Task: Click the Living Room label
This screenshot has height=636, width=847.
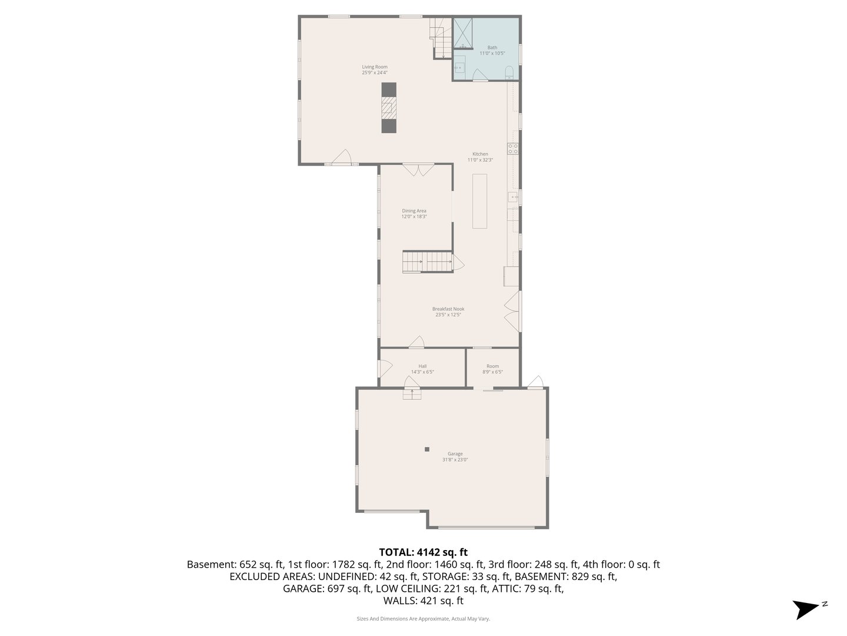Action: (375, 67)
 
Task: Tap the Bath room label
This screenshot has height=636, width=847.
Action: (492, 48)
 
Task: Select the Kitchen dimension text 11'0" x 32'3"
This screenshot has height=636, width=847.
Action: (480, 160)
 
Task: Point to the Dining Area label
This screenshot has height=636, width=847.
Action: (414, 211)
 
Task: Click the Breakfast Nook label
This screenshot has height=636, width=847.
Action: (448, 309)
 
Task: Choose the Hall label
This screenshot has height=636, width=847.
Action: (422, 366)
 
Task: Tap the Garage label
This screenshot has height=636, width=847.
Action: (455, 454)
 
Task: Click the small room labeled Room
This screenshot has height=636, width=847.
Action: (492, 366)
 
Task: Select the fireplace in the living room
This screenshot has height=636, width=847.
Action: (389, 108)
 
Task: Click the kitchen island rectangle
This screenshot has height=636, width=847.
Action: (481, 201)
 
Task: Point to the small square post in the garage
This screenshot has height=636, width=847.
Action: (428, 449)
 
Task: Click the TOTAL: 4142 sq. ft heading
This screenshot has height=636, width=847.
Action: (423, 552)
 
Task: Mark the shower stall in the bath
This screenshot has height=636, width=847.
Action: (462, 32)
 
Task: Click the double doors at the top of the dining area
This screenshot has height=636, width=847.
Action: (418, 170)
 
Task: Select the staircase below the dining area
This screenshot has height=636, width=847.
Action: (427, 261)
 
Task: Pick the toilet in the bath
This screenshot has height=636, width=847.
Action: (509, 73)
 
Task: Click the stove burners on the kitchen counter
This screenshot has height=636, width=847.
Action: (513, 148)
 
